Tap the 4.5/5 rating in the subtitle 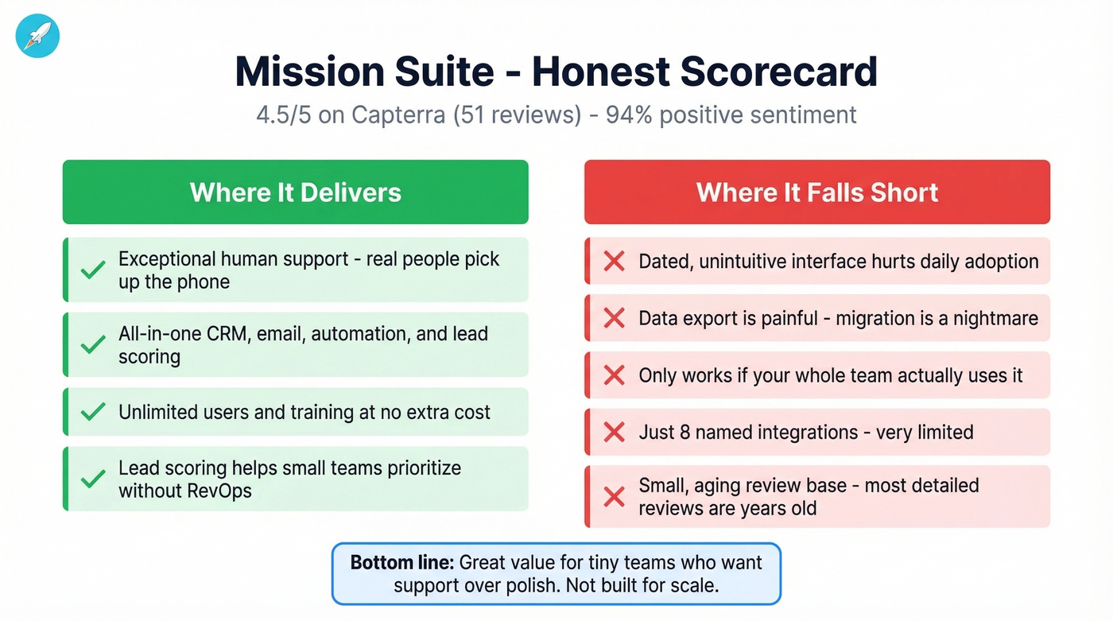[284, 114]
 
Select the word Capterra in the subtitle [399, 114]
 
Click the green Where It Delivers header [295, 192]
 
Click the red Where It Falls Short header [816, 192]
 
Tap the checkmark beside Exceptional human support [93, 270]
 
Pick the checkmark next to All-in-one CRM [93, 345]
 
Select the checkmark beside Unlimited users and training [93, 412]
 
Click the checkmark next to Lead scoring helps [93, 479]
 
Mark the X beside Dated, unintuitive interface [614, 261]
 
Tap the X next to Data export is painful [614, 318]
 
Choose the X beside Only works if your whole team [614, 375]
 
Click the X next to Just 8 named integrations [614, 433]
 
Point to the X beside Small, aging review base [614, 497]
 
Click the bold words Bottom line [401, 563]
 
